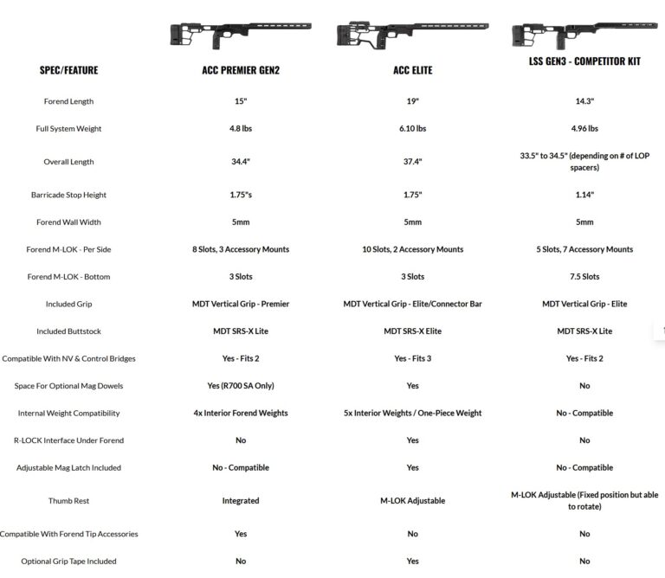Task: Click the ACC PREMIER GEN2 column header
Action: point(240,70)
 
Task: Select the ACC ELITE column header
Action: point(412,70)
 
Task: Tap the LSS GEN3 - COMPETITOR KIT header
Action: point(584,61)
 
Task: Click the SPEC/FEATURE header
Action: point(68,70)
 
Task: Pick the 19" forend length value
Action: point(412,101)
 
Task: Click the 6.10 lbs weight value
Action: point(412,129)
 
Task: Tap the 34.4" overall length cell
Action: point(240,162)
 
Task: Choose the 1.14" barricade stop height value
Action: point(584,195)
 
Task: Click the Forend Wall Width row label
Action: point(68,222)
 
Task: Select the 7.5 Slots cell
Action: point(584,277)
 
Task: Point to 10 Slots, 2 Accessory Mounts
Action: point(412,249)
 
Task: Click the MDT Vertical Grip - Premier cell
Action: point(240,304)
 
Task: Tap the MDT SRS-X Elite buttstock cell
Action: point(412,331)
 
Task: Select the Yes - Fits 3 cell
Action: point(412,358)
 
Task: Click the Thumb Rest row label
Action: point(68,501)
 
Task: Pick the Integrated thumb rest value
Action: point(240,501)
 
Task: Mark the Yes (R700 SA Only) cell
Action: point(240,386)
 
